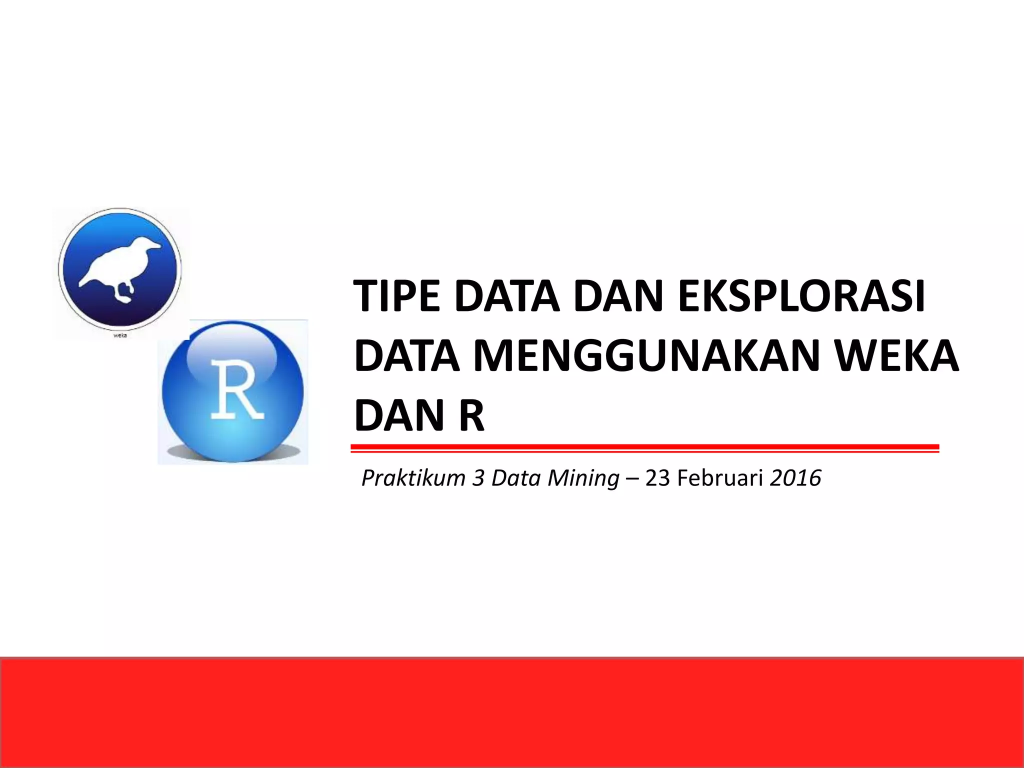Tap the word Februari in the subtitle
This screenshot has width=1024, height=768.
click(x=720, y=478)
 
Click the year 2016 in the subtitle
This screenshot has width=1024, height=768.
click(x=795, y=478)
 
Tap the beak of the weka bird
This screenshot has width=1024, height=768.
click(x=156, y=246)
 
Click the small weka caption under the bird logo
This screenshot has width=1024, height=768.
click(x=120, y=335)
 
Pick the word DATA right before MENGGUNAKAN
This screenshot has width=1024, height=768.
click(x=406, y=356)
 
